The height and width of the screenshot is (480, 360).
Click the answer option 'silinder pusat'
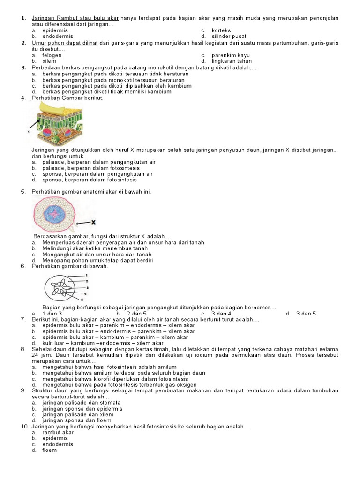[x=229, y=36]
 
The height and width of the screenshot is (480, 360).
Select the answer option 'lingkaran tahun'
[x=232, y=61]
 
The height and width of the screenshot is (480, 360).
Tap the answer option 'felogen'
[x=52, y=55]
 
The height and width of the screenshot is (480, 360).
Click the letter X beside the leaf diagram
[x=29, y=132]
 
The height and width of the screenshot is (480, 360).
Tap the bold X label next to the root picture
[x=93, y=223]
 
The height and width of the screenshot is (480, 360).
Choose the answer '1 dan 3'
[x=52, y=314]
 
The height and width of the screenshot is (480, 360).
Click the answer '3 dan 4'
[x=221, y=314]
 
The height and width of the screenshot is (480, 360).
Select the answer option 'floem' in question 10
[x=49, y=450]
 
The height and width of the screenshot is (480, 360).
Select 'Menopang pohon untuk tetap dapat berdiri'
[x=97, y=260]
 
